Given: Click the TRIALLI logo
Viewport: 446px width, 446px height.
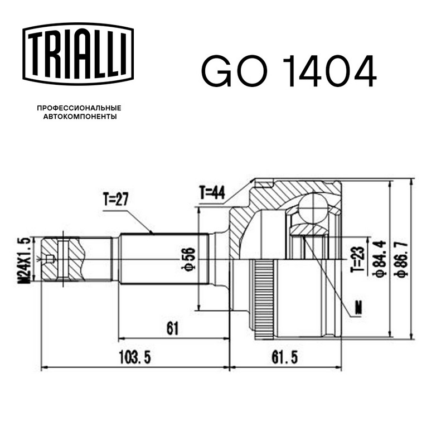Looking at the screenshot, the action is [78, 54].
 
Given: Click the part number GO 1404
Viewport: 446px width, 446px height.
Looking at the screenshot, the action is [289, 71].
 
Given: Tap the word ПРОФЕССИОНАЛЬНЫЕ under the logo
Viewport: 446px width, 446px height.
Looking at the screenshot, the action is [79, 108].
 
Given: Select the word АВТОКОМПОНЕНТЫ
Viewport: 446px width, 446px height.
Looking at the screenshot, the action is [80, 117].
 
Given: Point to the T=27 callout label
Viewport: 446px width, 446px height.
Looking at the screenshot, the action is [115, 199].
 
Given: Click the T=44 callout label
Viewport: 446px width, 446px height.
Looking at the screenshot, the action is [212, 193].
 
